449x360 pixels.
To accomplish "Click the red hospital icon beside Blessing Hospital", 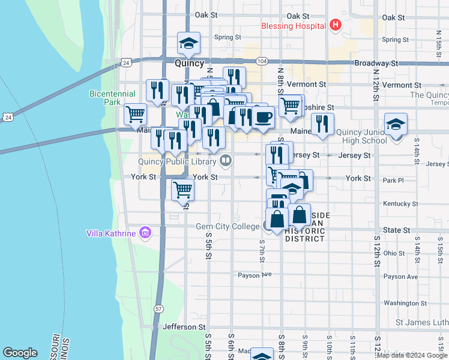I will (x=335, y=26).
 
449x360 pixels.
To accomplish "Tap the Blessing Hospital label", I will (x=294, y=26).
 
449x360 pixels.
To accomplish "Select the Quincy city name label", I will (x=190, y=62).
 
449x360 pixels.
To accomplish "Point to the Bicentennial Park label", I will (x=105, y=98).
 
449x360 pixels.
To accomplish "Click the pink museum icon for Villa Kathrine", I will (x=144, y=233).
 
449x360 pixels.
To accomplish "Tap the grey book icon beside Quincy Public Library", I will (x=226, y=160).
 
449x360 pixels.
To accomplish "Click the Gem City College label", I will (x=228, y=227).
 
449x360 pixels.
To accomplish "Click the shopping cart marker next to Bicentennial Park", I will (x=136, y=113).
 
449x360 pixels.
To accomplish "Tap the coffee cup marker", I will (x=263, y=116).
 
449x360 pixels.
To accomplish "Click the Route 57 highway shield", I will (x=158, y=308).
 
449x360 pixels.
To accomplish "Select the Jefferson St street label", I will (x=184, y=326).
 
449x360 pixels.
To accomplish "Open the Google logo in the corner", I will (x=20, y=353).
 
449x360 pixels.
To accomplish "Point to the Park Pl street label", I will (x=393, y=180).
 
